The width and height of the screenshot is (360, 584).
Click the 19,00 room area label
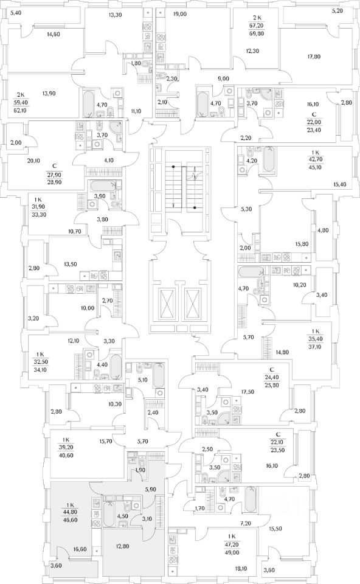coord(180,14)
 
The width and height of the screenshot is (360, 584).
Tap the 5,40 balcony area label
coord(16,13)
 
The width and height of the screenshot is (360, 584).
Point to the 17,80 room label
coord(314,57)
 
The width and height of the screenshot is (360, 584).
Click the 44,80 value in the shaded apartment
coord(71,512)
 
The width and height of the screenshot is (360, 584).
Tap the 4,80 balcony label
coord(322,230)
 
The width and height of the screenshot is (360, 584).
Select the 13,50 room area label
coord(71,265)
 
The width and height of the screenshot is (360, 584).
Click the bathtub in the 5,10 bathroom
coord(159,375)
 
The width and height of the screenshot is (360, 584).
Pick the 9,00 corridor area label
coord(223,78)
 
